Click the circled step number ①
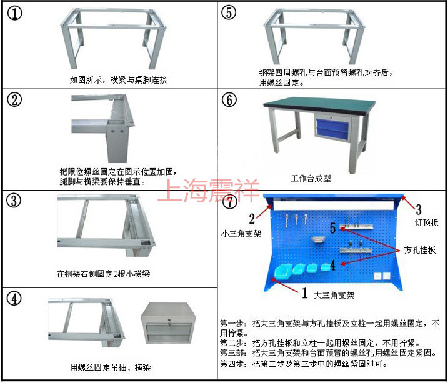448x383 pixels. [14, 13]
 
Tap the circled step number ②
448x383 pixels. [14, 100]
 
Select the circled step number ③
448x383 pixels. [14, 201]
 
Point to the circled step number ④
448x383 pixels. [14, 299]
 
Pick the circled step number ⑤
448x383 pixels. [229, 12]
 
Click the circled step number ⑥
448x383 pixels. [229, 100]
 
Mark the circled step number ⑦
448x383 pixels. [231, 202]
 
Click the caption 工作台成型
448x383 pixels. [311, 179]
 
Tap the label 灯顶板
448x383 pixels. [427, 222]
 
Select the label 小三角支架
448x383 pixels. [241, 234]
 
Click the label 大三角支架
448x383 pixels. [334, 296]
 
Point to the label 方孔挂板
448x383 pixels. [420, 250]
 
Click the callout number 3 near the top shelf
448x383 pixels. [419, 209]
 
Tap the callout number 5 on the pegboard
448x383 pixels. [332, 228]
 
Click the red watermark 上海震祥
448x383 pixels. [208, 190]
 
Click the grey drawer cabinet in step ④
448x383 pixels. [168, 323]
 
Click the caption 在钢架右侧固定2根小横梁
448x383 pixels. [103, 274]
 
